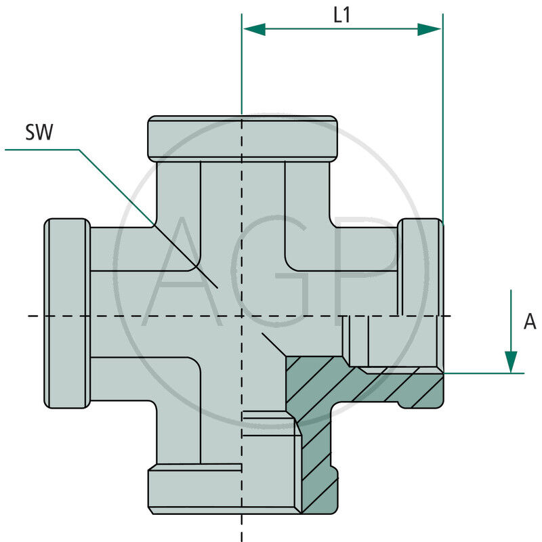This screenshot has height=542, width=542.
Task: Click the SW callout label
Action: click(x=39, y=132)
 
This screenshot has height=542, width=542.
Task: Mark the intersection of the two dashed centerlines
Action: click(x=242, y=316)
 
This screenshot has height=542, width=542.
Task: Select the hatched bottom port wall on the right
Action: click(x=318, y=474)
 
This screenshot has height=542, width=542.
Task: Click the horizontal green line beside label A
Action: click(x=484, y=373)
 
